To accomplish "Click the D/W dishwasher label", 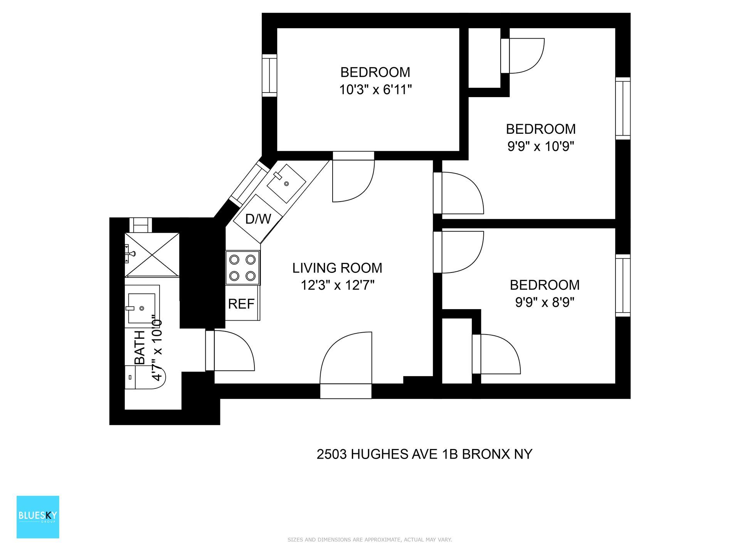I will pyautogui.click(x=258, y=219).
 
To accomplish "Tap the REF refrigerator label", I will pyautogui.click(x=241, y=304).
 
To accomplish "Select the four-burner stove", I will pyautogui.click(x=242, y=267).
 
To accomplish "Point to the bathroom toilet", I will pyautogui.click(x=145, y=377).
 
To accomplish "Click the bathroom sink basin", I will pyautogui.click(x=141, y=308).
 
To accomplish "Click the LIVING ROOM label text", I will pyautogui.click(x=337, y=268).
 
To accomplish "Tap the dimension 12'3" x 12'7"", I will pyautogui.click(x=337, y=286).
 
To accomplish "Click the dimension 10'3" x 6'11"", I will pyautogui.click(x=375, y=90).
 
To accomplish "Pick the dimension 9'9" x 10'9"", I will pyautogui.click(x=541, y=146).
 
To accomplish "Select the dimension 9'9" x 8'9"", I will pyautogui.click(x=545, y=303).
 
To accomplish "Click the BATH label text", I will pyautogui.click(x=140, y=347).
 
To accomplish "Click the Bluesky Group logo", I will pyautogui.click(x=38, y=517).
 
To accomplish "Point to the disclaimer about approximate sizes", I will pyautogui.click(x=370, y=540).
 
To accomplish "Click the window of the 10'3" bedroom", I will pyautogui.click(x=269, y=76).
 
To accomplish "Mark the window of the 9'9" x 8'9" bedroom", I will pyautogui.click(x=622, y=286).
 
